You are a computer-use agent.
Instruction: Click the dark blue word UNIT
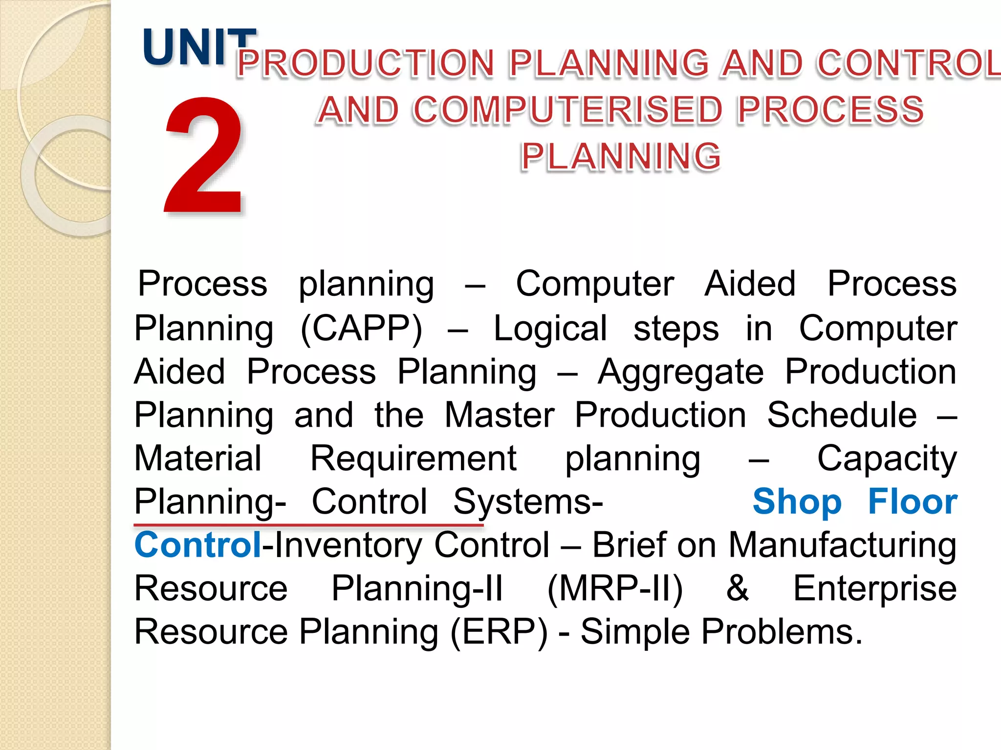click(198, 47)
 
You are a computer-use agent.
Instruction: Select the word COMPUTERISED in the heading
click(567, 110)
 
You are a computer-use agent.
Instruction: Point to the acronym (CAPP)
click(361, 329)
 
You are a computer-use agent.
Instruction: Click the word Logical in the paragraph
click(550, 329)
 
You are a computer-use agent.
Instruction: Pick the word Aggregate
click(680, 373)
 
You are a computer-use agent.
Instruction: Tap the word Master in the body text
click(500, 416)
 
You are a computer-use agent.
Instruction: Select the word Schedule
click(842, 416)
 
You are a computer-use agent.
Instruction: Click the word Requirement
click(413, 459)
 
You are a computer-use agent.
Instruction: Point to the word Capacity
click(887, 459)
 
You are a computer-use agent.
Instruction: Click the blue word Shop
click(797, 502)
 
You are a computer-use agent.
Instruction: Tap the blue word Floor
click(912, 502)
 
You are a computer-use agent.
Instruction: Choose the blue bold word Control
click(198, 545)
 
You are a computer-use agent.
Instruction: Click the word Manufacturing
click(842, 545)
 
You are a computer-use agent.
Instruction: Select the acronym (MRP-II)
click(615, 589)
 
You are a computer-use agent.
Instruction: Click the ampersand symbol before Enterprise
click(737, 588)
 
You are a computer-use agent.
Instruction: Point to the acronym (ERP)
click(499, 632)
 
